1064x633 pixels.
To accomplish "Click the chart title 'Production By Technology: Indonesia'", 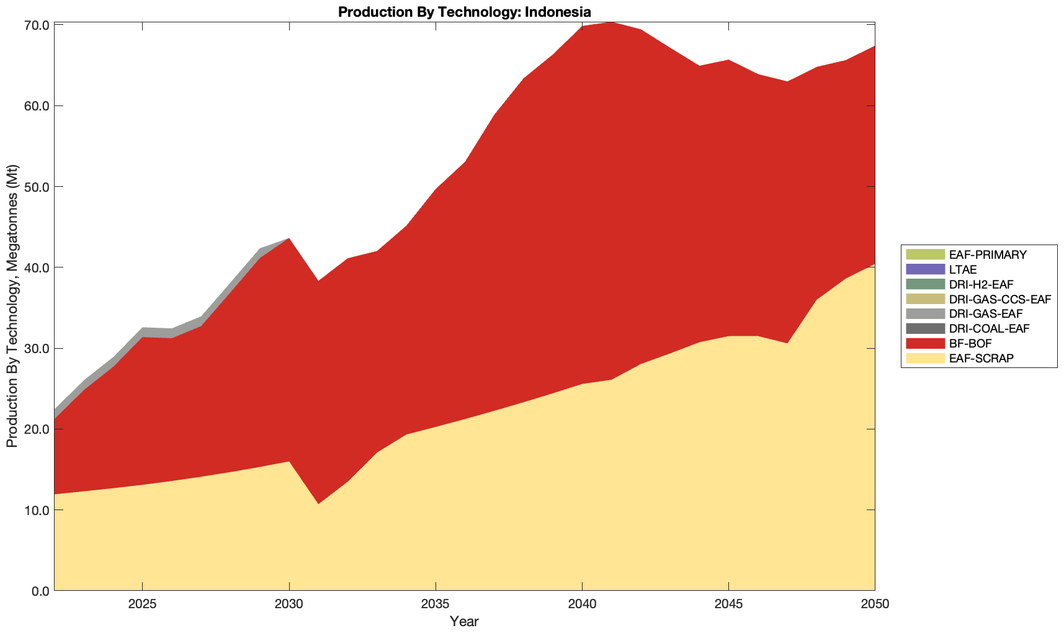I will pyautogui.click(x=464, y=12).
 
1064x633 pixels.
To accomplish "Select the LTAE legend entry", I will pyautogui.click(x=963, y=269).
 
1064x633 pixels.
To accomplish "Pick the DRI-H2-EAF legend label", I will pyautogui.click(x=981, y=284).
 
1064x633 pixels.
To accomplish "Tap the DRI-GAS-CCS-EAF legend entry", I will pyautogui.click(x=999, y=299).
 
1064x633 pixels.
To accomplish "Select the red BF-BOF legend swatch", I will pyautogui.click(x=925, y=343).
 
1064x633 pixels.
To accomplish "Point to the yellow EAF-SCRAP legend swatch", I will pyautogui.click(x=925, y=358).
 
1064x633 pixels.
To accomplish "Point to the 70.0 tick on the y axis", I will pyautogui.click(x=36, y=25).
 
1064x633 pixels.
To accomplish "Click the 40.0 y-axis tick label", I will pyautogui.click(x=36, y=267).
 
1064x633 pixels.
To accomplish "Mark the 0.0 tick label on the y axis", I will pyautogui.click(x=39, y=591).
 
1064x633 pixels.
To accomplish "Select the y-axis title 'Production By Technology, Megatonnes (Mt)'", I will pyautogui.click(x=12, y=306).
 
